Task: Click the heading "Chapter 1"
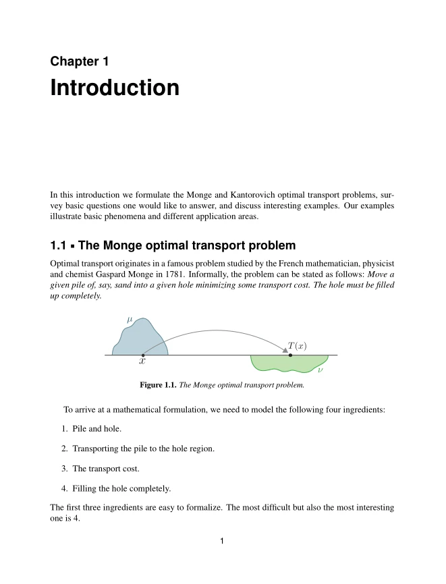(x=80, y=61)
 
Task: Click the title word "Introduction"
(x=115, y=88)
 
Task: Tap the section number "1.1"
(x=59, y=244)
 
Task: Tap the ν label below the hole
(x=320, y=370)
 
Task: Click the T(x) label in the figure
(x=297, y=346)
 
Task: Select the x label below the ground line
(x=142, y=361)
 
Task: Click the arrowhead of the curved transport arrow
(x=285, y=349)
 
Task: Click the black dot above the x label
(x=143, y=355)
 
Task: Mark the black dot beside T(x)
(x=290, y=355)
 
